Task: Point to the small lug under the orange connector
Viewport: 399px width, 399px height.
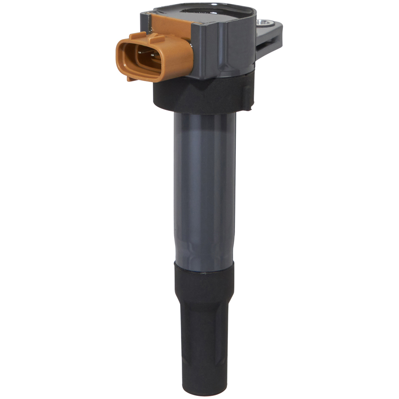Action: pyautogui.click(x=129, y=79)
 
